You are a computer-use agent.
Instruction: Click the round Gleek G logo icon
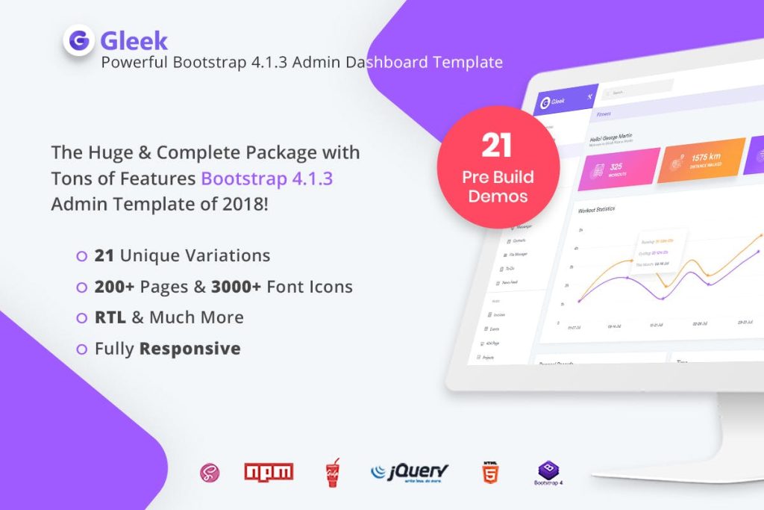point(78,40)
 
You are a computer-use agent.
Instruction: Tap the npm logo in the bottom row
point(269,471)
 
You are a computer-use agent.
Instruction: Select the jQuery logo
point(410,471)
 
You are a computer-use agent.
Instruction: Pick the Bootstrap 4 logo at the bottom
point(550,473)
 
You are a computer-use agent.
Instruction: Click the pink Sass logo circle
point(209,472)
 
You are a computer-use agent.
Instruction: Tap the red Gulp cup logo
point(333,473)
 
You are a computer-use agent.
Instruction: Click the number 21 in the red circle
point(496,146)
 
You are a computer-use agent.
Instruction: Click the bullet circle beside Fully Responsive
point(81,349)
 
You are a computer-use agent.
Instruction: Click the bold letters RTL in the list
point(110,317)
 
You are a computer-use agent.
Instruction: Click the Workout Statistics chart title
point(596,210)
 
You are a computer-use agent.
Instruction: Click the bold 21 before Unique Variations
point(104,255)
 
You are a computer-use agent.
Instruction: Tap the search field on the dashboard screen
point(638,93)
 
